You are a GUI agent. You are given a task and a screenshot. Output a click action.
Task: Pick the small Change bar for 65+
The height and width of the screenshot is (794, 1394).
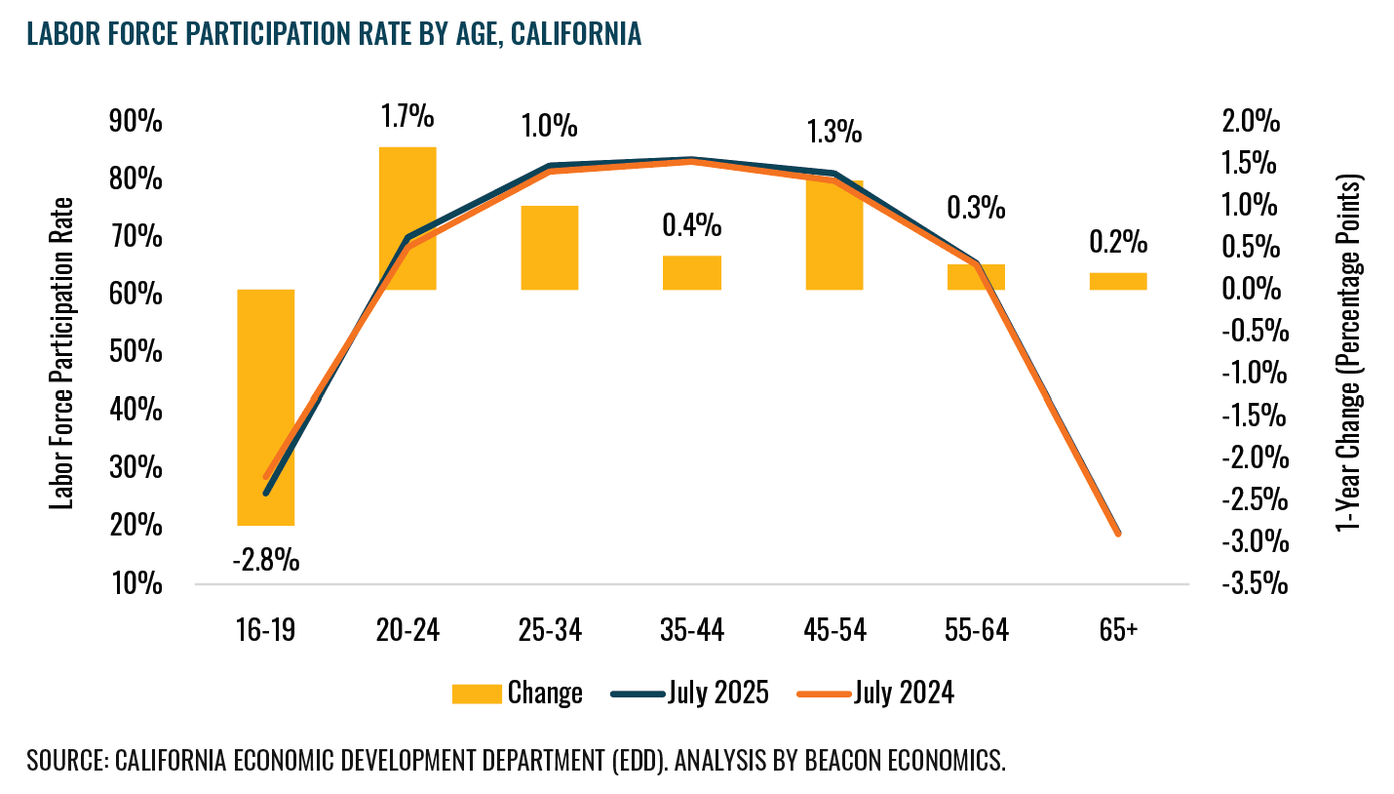pyautogui.click(x=1118, y=281)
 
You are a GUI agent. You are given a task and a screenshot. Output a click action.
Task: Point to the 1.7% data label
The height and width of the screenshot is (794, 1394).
pyautogui.click(x=407, y=117)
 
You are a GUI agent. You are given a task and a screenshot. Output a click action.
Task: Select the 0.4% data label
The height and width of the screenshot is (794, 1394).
pyautogui.click(x=692, y=226)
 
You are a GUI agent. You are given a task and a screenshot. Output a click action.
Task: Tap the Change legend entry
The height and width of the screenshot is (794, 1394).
pyautogui.click(x=518, y=693)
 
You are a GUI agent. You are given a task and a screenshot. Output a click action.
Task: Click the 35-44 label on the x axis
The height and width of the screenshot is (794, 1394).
pyautogui.click(x=692, y=631)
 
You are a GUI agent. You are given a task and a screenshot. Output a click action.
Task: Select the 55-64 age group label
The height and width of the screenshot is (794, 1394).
pyautogui.click(x=976, y=631)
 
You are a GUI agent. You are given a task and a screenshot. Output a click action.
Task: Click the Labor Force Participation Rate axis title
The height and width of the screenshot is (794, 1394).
pyautogui.click(x=64, y=353)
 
